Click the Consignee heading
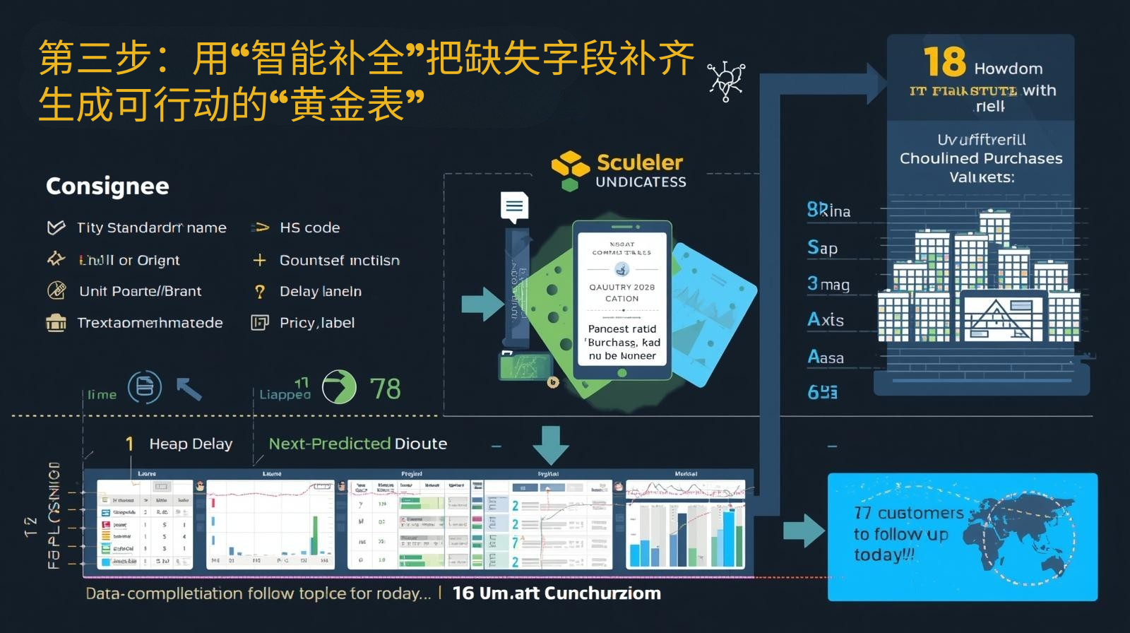pos(107,186)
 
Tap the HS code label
pos(309,227)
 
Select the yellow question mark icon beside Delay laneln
pos(260,292)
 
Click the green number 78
pos(385,389)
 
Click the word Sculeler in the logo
pos(640,162)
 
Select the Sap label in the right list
pos(822,247)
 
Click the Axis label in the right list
pos(825,320)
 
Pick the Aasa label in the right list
pos(825,357)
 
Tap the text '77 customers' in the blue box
pos(909,513)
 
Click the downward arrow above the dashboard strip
pos(550,444)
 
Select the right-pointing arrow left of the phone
pos(482,303)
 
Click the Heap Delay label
pos(191,444)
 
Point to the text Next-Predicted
pos(329,444)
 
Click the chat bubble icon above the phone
pos(514,206)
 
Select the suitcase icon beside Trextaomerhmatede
pos(56,323)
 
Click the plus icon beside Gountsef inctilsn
pos(259,261)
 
